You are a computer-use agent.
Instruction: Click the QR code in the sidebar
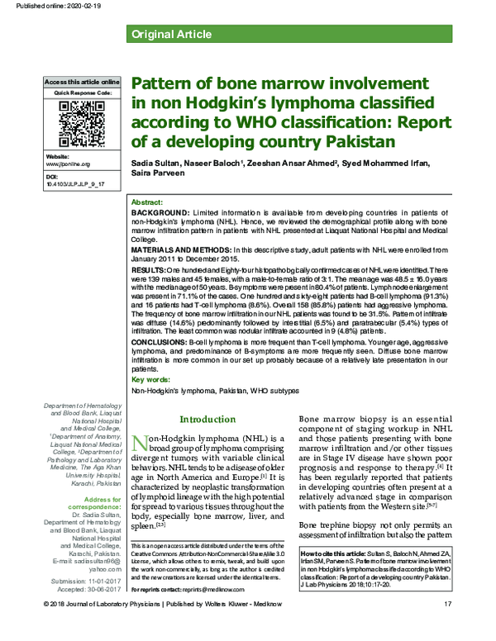[81, 125]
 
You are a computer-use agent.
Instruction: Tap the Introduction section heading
[207, 419]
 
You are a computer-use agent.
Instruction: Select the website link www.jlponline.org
[69, 164]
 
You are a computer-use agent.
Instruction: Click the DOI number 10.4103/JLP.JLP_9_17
[75, 186]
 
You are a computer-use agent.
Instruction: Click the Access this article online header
[81, 83]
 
